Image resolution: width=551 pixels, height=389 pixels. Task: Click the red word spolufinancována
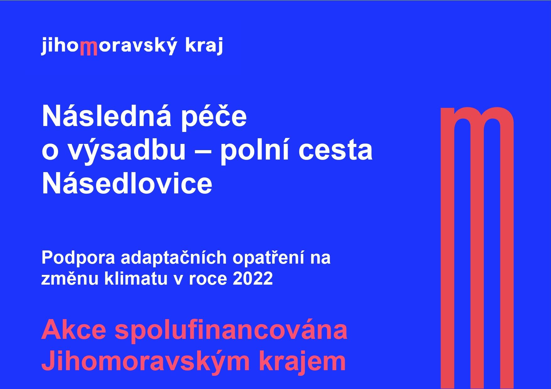[x=231, y=331]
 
